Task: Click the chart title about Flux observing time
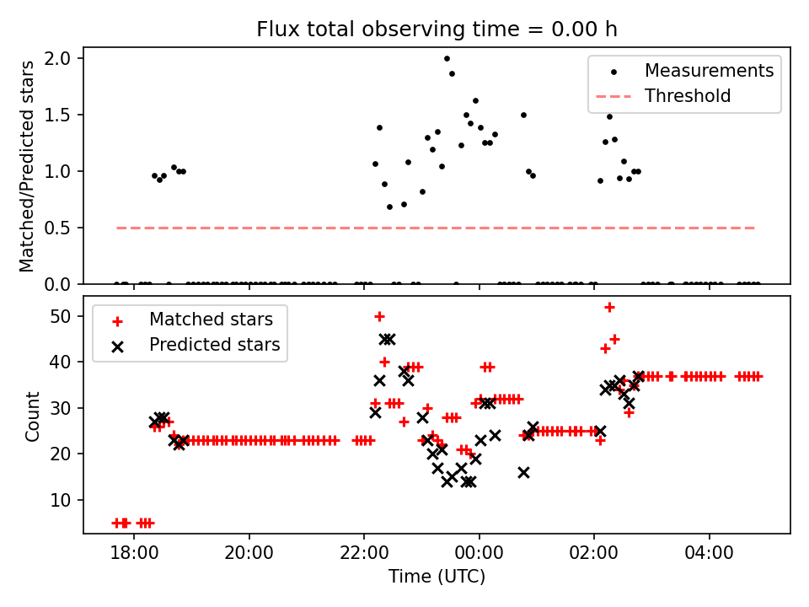click(437, 30)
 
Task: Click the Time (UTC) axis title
click(437, 577)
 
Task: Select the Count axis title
click(32, 416)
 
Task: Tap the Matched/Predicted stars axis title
click(27, 166)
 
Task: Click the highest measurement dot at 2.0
click(447, 58)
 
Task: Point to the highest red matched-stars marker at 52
click(609, 307)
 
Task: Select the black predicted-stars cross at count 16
click(523, 472)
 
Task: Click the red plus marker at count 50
click(379, 316)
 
